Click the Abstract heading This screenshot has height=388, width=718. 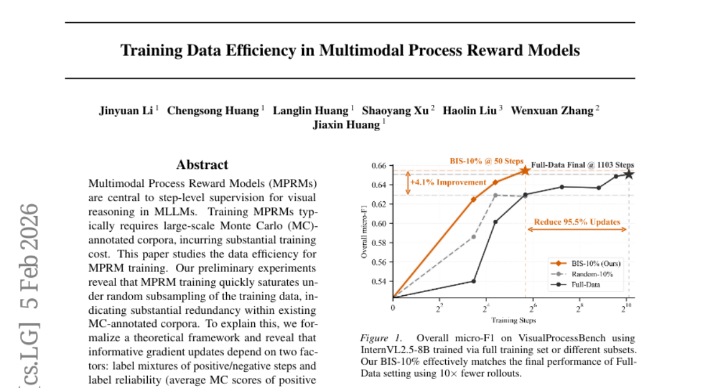tap(202, 165)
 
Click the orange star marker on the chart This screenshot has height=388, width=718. tap(525, 171)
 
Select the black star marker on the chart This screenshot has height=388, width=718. tap(629, 174)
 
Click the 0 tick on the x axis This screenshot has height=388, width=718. tap(393, 307)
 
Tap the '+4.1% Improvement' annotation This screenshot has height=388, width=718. tap(448, 182)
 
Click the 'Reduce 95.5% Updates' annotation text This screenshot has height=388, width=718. tap(578, 221)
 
